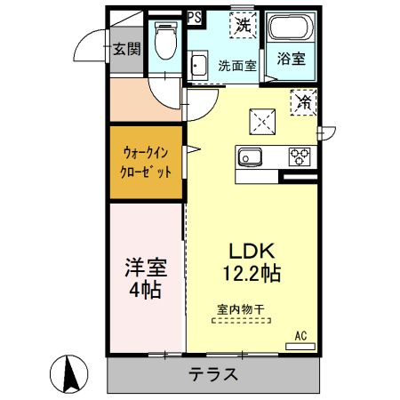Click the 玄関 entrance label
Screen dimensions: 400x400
[x=126, y=49]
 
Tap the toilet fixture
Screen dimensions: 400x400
[x=164, y=39]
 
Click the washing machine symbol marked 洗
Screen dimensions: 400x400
[x=243, y=26]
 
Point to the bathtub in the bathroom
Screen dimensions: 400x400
[x=291, y=30]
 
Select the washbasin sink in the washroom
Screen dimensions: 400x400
[x=198, y=65]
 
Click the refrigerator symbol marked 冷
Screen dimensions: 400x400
[x=305, y=102]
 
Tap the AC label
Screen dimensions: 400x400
[x=300, y=335]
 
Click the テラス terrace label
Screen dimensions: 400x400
[x=212, y=374]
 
